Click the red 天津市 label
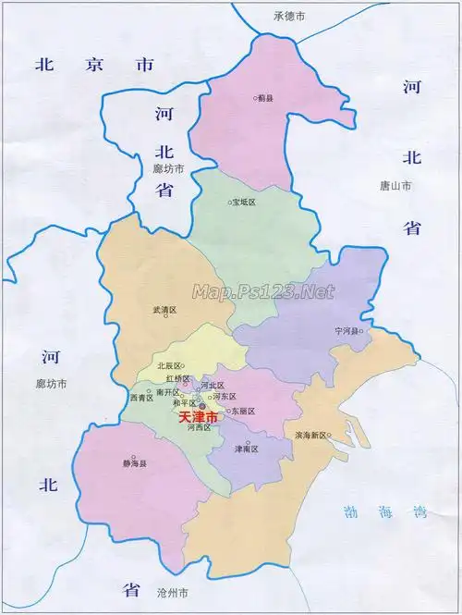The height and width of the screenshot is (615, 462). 198,419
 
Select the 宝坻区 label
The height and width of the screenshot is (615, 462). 245,202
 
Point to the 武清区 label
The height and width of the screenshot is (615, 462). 164,311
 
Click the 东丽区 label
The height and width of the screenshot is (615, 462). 243,411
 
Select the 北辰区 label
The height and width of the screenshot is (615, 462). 170,366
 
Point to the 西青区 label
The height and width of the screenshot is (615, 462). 140,397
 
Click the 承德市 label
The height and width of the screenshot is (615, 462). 289,16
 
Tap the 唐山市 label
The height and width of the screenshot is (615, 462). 395,186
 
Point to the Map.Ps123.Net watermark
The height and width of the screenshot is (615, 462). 262,292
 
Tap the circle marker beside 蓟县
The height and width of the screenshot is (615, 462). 256,99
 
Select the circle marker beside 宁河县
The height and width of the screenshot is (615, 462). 362,331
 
